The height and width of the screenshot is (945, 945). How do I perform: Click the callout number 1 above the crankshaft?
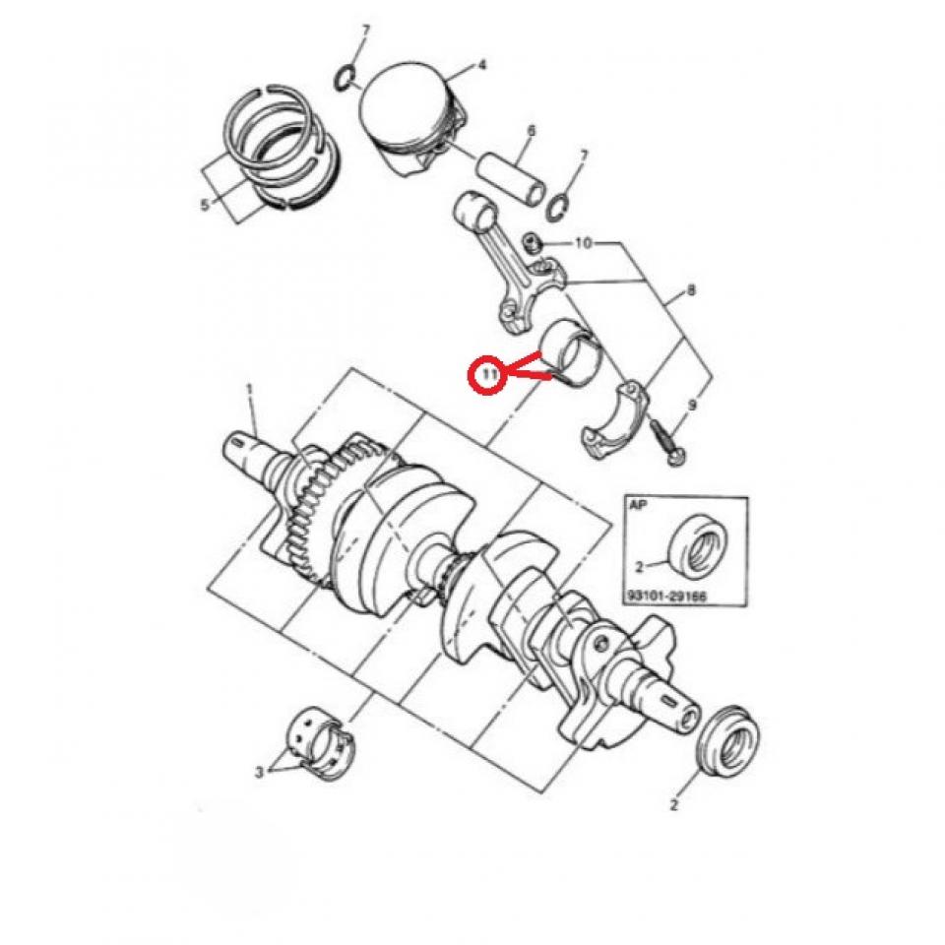[x=249, y=390]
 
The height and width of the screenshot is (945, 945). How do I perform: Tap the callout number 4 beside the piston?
[x=481, y=65]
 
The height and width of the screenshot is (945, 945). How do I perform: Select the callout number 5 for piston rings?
[x=205, y=206]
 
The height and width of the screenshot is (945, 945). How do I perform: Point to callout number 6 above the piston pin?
[x=531, y=131]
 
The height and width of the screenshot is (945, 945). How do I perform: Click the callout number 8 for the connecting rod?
[x=691, y=290]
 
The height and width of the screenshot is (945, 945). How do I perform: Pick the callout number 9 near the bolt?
[x=692, y=405]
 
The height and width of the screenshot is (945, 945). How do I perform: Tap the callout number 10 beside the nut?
[x=584, y=243]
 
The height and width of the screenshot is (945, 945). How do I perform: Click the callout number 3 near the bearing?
[x=260, y=772]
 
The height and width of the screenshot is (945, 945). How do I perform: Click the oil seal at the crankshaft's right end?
[x=728, y=739]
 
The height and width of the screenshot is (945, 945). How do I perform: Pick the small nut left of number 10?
[x=532, y=243]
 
